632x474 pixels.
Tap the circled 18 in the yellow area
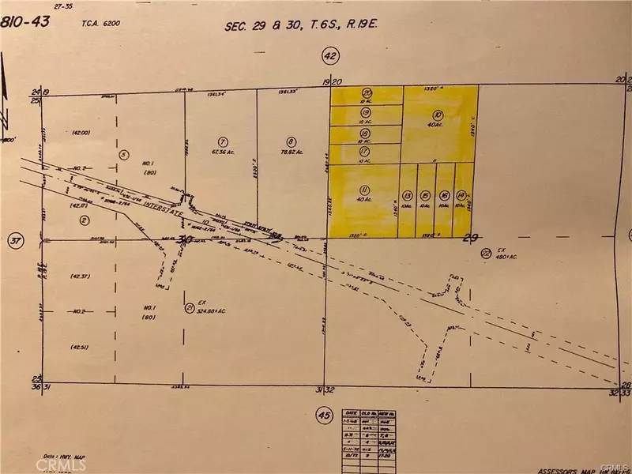click(x=365, y=133)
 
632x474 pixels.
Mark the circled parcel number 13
click(x=408, y=194)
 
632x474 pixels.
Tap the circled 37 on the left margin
click(x=13, y=240)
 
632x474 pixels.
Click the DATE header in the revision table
click(x=352, y=412)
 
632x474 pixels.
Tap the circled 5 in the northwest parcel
click(x=122, y=154)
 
